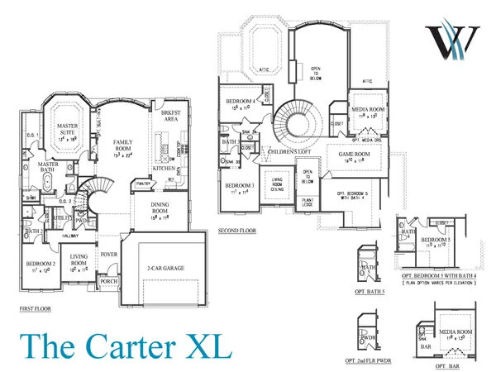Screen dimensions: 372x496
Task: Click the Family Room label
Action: click(128, 145)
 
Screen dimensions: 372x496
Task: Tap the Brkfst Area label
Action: click(171, 116)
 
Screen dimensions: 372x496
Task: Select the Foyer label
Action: click(109, 255)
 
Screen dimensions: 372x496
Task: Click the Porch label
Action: click(108, 281)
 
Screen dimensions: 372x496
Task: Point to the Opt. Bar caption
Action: click(446, 365)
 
